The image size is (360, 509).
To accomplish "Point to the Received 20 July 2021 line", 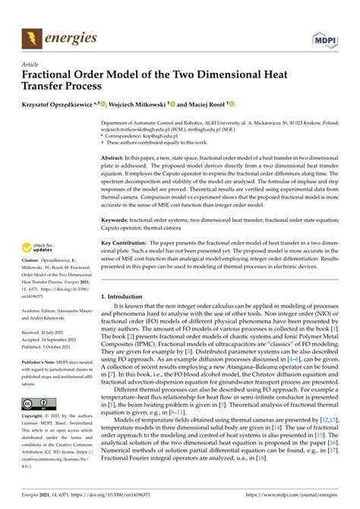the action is tap(47, 354).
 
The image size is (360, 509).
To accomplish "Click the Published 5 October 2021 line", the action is tap(50, 368).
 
